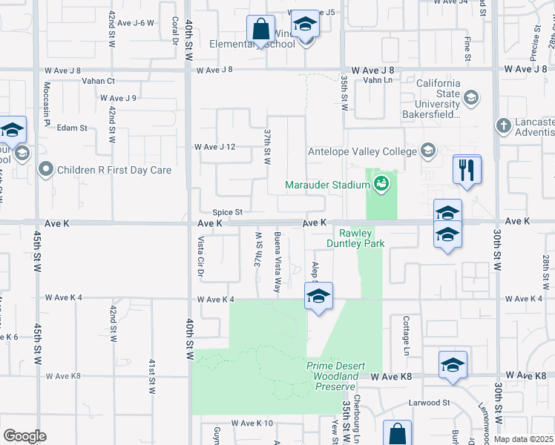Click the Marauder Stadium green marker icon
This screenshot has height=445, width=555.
tap(381, 184)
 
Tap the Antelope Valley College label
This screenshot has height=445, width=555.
tap(363, 152)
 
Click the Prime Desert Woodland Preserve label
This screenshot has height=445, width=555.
tap(333, 376)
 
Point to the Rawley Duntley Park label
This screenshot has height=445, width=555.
tap(355, 237)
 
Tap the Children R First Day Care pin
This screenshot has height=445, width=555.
tap(46, 170)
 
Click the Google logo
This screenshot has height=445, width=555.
tap(24, 435)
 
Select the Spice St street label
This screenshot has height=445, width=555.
tap(228, 211)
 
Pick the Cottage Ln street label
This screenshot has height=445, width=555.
tap(407, 333)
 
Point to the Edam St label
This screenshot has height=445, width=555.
tap(72, 128)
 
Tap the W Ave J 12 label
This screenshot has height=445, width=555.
tap(215, 147)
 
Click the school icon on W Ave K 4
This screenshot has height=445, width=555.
tap(318, 296)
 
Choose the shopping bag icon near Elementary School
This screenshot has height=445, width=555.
tap(261, 30)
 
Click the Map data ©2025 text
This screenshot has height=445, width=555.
tap(523, 439)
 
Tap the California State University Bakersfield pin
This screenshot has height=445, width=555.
tap(470, 97)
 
